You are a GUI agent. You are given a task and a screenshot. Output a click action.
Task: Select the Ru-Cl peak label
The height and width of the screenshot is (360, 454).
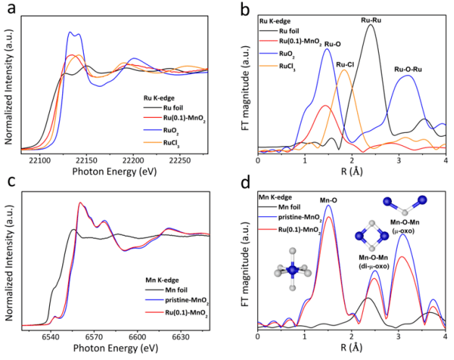tap(346, 64)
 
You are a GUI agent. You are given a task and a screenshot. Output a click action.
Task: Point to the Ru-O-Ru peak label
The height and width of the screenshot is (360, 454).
tap(409, 69)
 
